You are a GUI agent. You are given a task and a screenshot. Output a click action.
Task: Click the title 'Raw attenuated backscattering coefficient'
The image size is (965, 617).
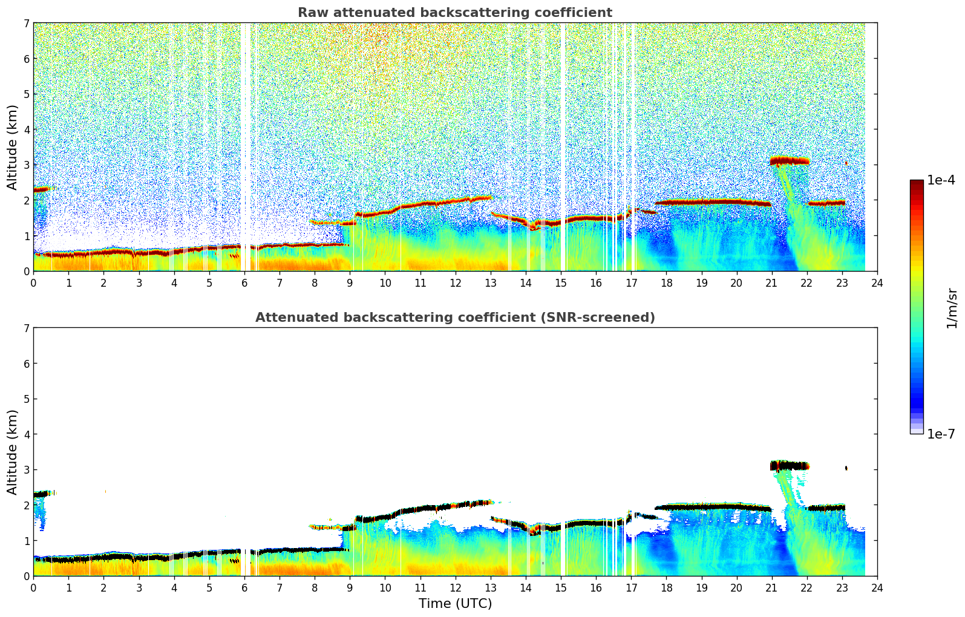click(454, 13)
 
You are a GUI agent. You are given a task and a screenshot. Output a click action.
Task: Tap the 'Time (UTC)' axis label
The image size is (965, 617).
click(455, 604)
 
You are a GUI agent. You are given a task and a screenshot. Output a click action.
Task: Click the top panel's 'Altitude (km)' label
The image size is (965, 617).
click(13, 147)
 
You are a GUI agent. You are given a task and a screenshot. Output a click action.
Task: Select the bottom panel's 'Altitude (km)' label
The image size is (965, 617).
click(13, 452)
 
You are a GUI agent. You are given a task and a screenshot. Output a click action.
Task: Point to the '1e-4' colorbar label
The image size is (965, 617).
click(941, 180)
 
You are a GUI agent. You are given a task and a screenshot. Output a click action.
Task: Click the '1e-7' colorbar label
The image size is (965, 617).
click(941, 434)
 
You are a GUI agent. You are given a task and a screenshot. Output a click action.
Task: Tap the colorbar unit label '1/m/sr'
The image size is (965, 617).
click(952, 308)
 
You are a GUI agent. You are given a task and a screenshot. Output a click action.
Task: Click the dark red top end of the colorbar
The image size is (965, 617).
click(916, 183)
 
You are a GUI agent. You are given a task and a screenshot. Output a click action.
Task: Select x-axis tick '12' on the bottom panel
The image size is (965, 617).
click(455, 588)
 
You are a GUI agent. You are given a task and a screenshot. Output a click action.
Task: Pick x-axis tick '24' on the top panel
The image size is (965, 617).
click(877, 283)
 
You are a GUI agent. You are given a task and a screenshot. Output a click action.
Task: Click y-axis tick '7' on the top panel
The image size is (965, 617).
click(26, 24)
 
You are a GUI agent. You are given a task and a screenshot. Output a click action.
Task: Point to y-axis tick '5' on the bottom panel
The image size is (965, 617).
click(26, 399)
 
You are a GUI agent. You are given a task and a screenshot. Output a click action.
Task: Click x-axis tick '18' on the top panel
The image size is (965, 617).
click(666, 283)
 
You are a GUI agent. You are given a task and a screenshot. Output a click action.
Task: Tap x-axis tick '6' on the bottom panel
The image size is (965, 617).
click(244, 588)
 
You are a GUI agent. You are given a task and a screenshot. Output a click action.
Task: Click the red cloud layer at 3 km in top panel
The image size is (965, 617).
click(790, 161)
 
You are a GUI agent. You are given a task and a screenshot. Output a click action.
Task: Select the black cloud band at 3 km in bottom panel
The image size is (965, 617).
click(790, 466)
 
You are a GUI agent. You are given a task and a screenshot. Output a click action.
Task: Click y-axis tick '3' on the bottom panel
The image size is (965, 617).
click(26, 470)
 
